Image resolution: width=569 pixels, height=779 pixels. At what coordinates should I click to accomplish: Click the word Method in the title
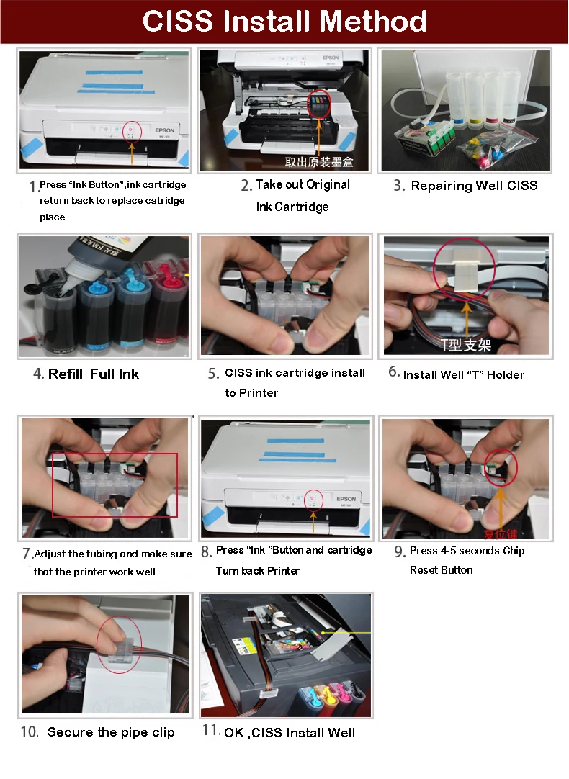(372, 22)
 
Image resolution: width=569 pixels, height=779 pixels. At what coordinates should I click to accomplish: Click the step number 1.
(33, 186)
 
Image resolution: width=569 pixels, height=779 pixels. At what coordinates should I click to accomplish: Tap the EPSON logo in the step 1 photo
(164, 130)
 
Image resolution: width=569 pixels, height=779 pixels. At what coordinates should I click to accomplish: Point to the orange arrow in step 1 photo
(132, 153)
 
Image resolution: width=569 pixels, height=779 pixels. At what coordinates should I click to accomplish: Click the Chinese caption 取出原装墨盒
(319, 162)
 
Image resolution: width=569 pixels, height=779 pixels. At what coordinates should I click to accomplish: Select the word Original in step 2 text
(328, 184)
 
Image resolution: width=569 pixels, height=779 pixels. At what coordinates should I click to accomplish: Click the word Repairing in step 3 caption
(442, 186)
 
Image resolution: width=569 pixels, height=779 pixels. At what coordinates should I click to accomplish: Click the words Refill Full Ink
(94, 374)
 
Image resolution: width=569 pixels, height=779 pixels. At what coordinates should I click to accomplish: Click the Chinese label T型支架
(466, 345)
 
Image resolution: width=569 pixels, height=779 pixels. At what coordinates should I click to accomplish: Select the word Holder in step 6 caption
(506, 375)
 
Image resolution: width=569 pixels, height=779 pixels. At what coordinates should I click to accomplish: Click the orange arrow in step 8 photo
(313, 521)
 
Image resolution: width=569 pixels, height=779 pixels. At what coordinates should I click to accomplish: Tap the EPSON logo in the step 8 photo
(346, 499)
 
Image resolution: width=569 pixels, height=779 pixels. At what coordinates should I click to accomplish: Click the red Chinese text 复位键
(501, 534)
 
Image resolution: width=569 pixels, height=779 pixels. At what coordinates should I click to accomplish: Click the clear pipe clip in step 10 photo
(118, 652)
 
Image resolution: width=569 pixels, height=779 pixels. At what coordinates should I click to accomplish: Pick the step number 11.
(211, 730)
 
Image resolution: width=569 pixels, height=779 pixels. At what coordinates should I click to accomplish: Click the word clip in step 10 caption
(163, 733)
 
